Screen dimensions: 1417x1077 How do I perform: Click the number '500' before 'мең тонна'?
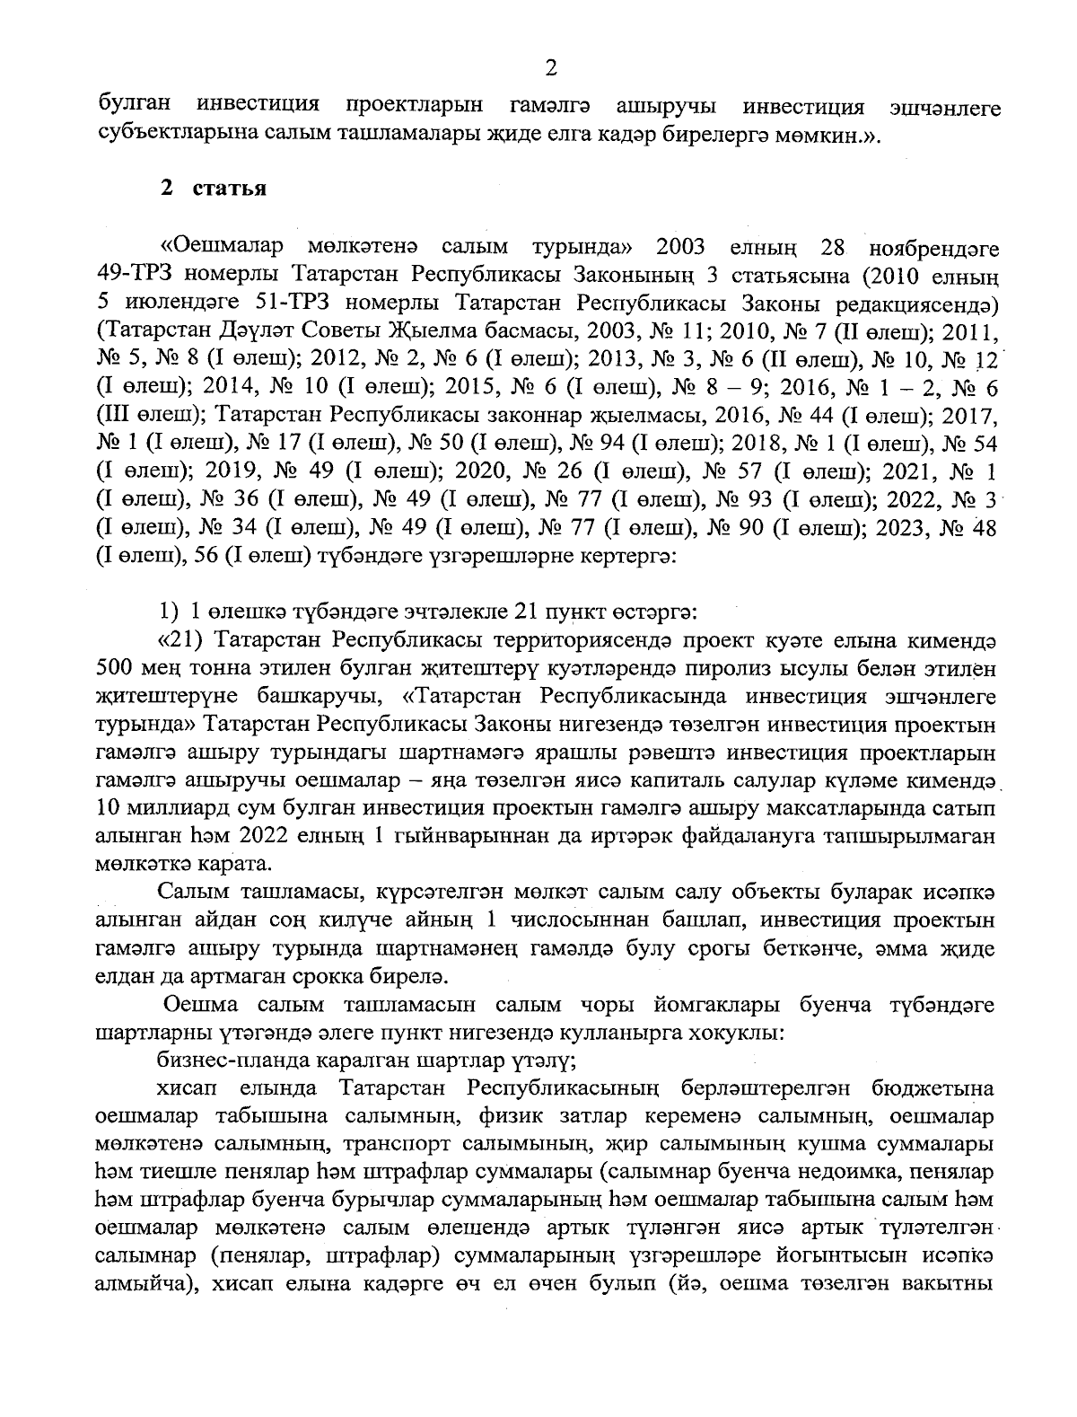(113, 669)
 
